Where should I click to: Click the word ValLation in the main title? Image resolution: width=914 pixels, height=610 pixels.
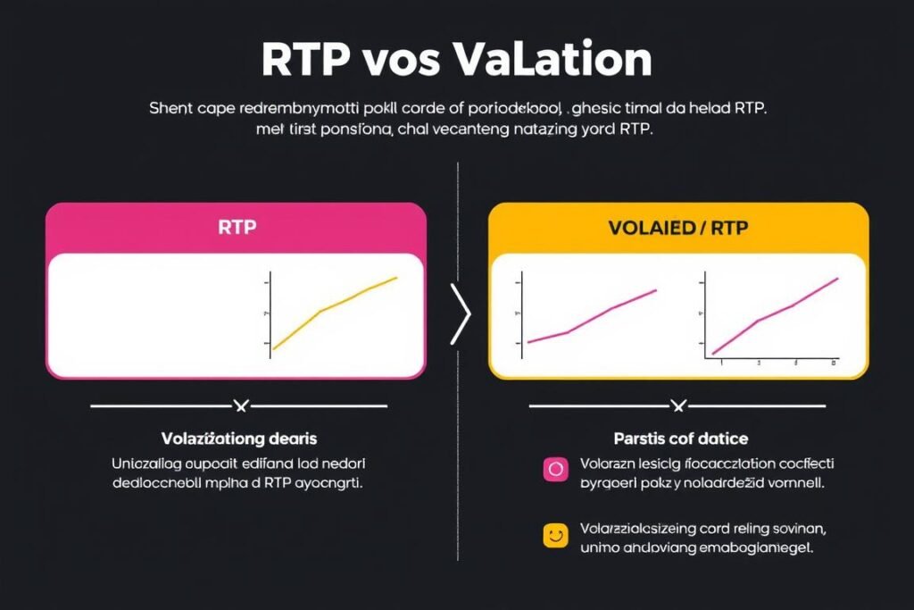click(553, 60)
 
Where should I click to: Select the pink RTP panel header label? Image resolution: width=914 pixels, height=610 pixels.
click(237, 227)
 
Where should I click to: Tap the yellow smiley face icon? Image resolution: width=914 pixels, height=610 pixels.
click(555, 535)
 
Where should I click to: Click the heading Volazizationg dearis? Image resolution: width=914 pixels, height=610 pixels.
click(239, 439)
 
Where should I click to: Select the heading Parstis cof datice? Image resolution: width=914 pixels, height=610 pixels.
click(681, 439)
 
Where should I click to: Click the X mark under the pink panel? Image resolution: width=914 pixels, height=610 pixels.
click(239, 406)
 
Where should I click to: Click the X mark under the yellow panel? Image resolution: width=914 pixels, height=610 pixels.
click(678, 406)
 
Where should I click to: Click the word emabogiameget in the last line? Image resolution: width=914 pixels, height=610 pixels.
click(760, 547)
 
